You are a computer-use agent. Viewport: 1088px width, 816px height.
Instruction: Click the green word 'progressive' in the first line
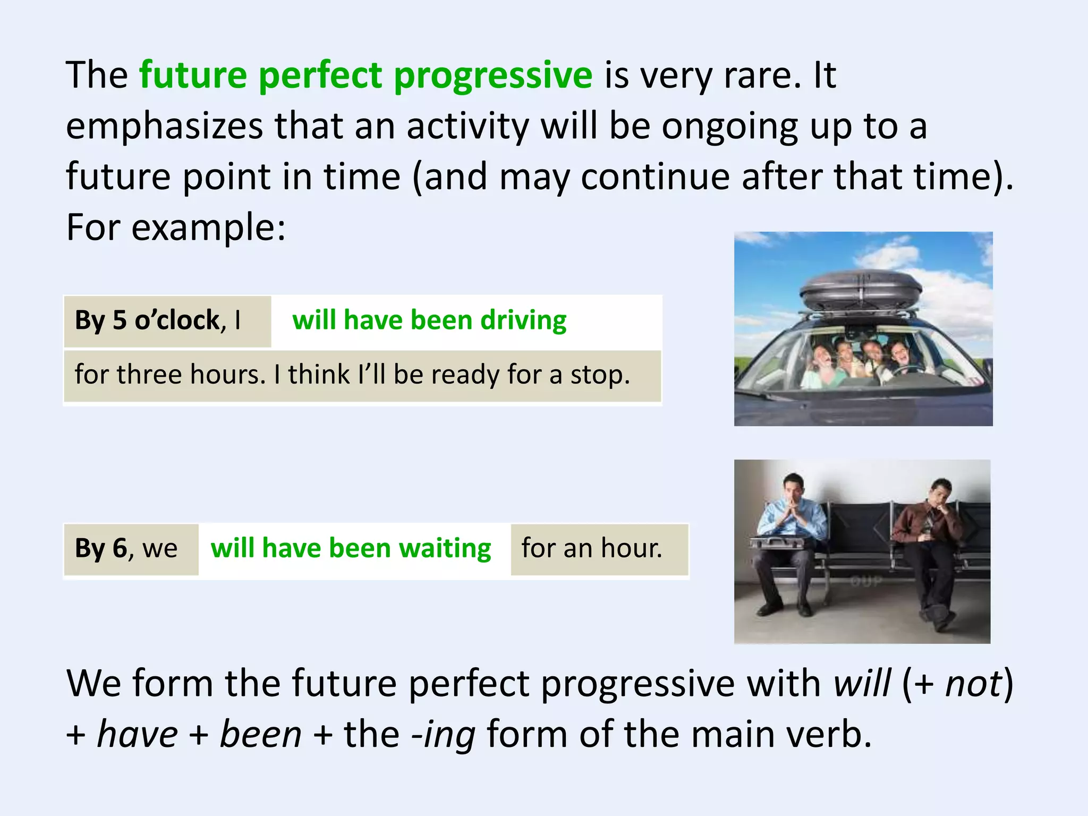(x=492, y=76)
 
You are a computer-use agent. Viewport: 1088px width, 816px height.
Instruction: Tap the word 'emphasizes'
(x=164, y=126)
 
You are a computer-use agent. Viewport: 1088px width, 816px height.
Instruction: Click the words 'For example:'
(x=176, y=227)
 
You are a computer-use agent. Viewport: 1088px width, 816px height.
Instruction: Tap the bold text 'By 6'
(x=101, y=548)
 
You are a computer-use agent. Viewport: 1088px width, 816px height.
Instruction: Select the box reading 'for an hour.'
(x=599, y=549)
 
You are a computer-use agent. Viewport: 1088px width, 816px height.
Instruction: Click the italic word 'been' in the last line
(x=260, y=735)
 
